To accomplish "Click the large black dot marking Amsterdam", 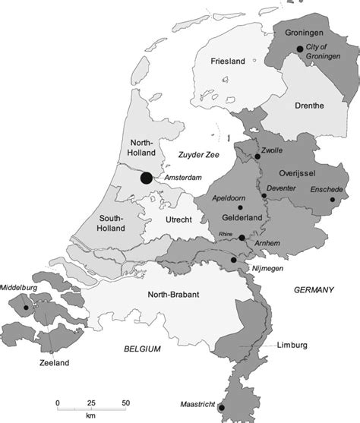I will (x=147, y=178).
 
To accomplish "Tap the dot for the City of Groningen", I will (x=300, y=49).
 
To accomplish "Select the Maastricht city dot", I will (x=221, y=408).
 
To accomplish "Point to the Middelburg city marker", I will (x=27, y=308).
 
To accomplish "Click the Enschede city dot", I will (x=333, y=201).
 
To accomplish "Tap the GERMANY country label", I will (x=313, y=290).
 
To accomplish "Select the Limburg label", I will (x=292, y=345).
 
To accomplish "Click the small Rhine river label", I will (x=225, y=234).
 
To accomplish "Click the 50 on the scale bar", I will (x=126, y=401).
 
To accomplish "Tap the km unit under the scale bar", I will (x=91, y=415).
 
